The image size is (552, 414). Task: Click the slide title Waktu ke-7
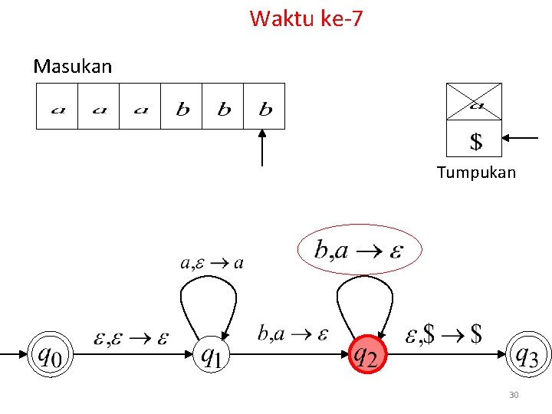306,18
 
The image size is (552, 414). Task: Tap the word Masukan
73,67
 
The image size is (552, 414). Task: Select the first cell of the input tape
58,107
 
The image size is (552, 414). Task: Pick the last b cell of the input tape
264,107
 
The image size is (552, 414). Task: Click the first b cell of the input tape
182,107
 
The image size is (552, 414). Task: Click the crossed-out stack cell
475,102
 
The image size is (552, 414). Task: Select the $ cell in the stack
475,140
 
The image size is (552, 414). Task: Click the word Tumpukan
476,172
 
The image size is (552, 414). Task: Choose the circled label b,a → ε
359,249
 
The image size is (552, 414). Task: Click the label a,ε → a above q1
212,263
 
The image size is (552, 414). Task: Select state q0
51,354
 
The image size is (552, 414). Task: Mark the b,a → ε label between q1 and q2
293,333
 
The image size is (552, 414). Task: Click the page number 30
514,395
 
